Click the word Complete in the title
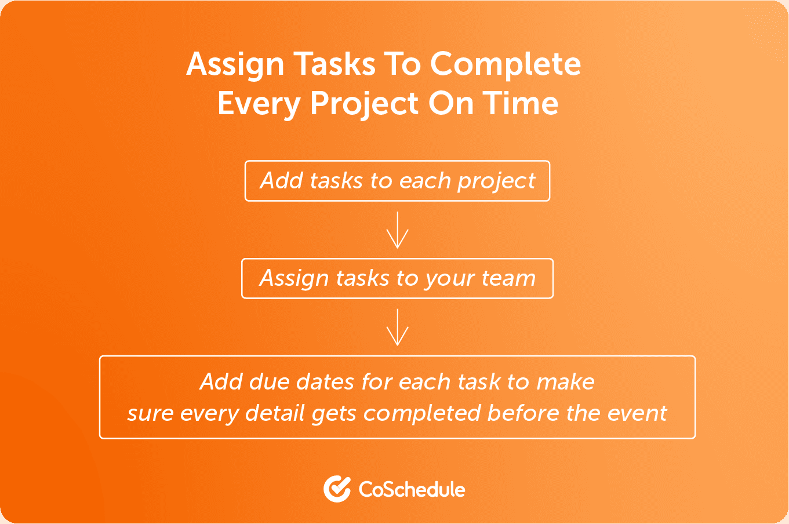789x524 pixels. point(506,64)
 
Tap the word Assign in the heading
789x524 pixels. point(235,65)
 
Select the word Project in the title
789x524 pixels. point(365,104)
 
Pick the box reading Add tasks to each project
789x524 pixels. point(397,181)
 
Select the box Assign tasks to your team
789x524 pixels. point(397,279)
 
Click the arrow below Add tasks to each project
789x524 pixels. point(397,230)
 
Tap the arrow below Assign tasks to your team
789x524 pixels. point(397,327)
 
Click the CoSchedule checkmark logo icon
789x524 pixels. point(337,489)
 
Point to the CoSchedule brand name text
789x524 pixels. point(412,489)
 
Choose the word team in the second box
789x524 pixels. point(508,278)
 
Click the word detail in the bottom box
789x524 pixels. point(275,413)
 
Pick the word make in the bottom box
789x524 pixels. point(565,382)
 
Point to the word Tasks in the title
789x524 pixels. point(334,64)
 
